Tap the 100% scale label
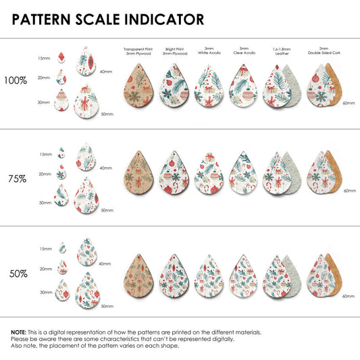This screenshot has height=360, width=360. [16, 80]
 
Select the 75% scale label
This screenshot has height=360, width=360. [18, 179]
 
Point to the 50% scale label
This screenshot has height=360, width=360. [18, 274]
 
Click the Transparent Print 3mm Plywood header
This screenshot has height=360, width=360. [138, 51]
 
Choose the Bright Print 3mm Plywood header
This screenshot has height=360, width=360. [175, 51]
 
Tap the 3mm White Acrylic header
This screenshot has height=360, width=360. [209, 51]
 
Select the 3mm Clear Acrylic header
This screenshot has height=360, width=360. [245, 51]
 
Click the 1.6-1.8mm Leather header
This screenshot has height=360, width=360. [282, 51]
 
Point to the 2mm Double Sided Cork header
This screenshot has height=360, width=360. [324, 51]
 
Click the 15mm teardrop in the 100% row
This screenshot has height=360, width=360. [61, 57]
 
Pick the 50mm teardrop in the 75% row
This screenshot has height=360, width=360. [86, 195]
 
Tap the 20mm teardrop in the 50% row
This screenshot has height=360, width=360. [62, 267]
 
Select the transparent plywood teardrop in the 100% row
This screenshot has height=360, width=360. [138, 86]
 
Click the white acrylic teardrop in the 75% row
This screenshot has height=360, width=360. [209, 174]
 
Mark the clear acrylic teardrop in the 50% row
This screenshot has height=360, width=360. [243, 276]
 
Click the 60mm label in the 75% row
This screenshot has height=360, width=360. [350, 190]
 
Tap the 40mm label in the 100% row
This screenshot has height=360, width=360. [106, 72]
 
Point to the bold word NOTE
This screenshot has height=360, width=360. [19, 332]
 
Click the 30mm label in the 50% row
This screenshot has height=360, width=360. [46, 292]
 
